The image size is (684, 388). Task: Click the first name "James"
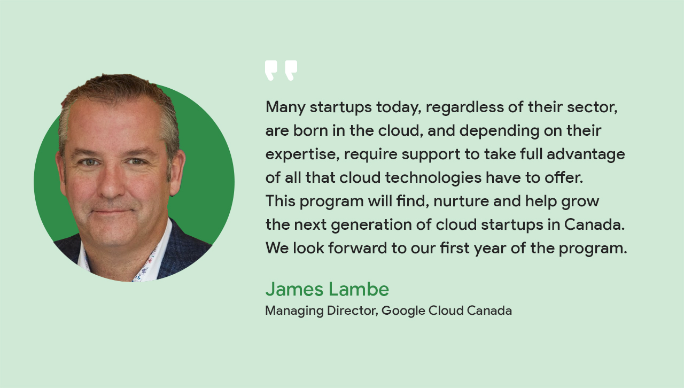294,289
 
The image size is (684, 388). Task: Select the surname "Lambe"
359,289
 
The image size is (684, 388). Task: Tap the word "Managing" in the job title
294,311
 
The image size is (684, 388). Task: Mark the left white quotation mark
271,70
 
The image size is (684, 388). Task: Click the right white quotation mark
291,70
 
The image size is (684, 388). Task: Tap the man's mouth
113,211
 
